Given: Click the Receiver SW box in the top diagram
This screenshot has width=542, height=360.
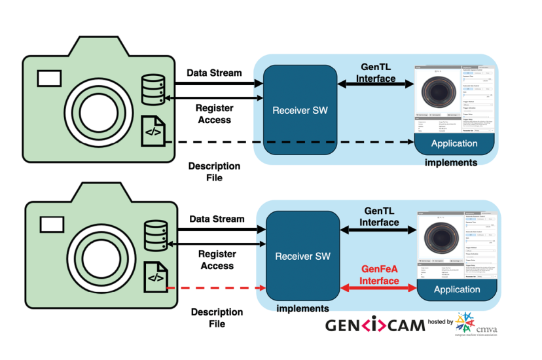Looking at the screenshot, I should (300, 109).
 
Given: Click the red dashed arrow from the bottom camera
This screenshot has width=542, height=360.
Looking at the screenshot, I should (216, 288).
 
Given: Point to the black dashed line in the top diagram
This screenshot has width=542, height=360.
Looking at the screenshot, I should (288, 142).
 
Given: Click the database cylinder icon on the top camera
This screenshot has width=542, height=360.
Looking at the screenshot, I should (153, 88).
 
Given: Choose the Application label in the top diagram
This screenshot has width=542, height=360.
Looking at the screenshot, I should (454, 143).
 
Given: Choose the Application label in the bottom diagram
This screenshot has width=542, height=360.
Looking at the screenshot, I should (457, 289).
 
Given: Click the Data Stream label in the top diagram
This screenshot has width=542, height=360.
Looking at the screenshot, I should (214, 73).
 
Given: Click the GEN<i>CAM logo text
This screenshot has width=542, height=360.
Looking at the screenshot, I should (375, 325).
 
